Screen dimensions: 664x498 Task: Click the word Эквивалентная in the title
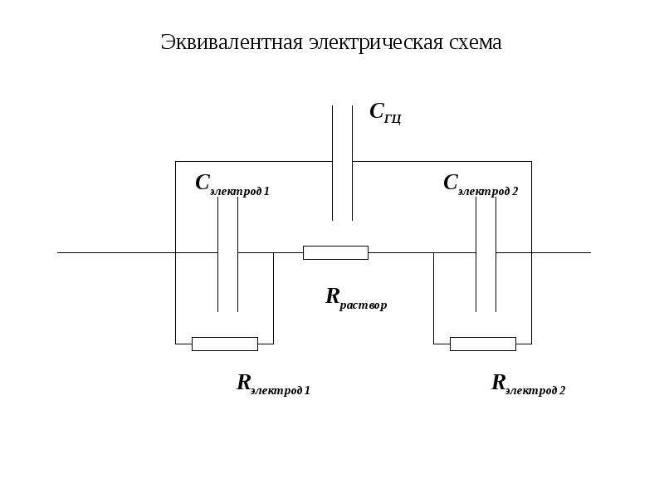pyautogui.click(x=232, y=42)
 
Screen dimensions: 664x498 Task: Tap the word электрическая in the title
pyautogui.click(x=376, y=43)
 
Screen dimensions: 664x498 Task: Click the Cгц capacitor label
pyautogui.click(x=385, y=113)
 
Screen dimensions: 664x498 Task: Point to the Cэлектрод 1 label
pyautogui.click(x=232, y=185)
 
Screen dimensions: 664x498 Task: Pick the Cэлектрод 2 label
pyautogui.click(x=481, y=185)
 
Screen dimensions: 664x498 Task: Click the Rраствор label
pyautogui.click(x=356, y=300)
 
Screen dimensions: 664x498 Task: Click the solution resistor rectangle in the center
pyautogui.click(x=336, y=253)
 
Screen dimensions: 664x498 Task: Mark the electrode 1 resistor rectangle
pyautogui.click(x=225, y=344)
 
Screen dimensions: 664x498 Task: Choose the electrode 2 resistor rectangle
pyautogui.click(x=483, y=344)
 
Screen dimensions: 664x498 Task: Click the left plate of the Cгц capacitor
pyautogui.click(x=333, y=163)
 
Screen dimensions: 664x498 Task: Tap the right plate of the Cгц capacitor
pyautogui.click(x=352, y=163)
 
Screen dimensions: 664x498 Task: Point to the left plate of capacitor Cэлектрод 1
pyautogui.click(x=218, y=255)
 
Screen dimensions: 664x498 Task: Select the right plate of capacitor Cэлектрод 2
pyautogui.click(x=496, y=255)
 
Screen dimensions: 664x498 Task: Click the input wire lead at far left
pyautogui.click(x=116, y=253)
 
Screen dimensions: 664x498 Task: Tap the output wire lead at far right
pyautogui.click(x=561, y=253)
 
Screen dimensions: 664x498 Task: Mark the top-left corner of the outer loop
pyautogui.click(x=176, y=161)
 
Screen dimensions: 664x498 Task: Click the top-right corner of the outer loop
pyautogui.click(x=531, y=161)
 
